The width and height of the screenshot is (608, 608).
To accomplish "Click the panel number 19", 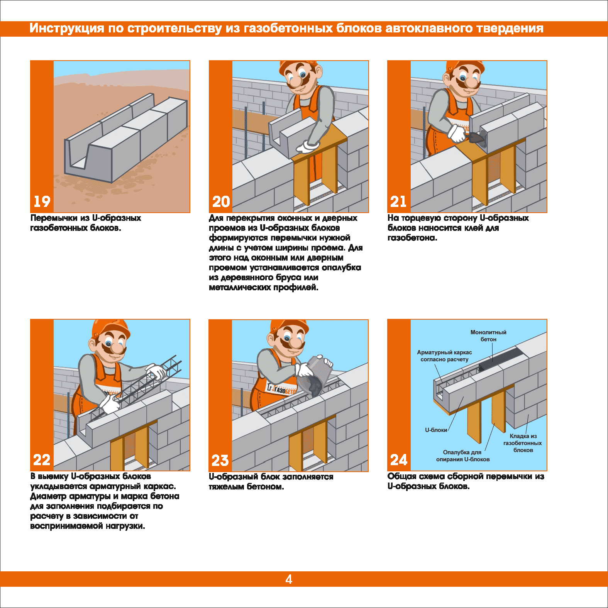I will point(42,202).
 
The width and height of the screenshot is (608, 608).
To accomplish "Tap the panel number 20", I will point(221,202).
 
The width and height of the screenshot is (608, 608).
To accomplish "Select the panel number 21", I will point(398,202).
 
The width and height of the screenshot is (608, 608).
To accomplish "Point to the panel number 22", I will point(42,460).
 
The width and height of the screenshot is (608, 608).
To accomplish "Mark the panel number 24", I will point(399,460).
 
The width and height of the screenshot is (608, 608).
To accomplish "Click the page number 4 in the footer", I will point(289,579).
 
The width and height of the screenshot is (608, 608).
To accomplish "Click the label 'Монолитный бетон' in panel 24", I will point(488,336).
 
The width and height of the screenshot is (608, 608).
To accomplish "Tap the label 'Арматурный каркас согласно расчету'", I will point(444,356).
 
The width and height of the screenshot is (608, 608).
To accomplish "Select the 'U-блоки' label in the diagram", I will point(436,430).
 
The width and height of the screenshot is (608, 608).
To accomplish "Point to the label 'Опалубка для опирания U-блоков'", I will point(462,456).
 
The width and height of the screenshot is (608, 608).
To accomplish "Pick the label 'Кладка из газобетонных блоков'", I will point(523,443).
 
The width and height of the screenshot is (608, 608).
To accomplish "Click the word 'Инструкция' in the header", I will point(67,29).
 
